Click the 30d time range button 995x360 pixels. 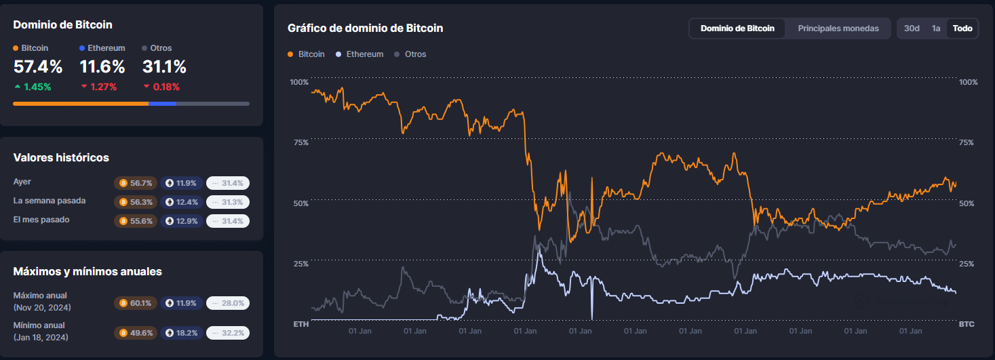912,28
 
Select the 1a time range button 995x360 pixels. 936,28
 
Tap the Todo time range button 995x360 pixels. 962,28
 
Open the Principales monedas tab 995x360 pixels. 838,28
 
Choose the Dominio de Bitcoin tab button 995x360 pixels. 737,28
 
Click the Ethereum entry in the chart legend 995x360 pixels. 364,54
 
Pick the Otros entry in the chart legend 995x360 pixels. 415,54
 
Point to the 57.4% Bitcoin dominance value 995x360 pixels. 38,67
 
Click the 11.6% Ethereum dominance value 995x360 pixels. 102,67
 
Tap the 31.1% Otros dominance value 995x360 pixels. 164,67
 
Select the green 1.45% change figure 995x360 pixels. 37,87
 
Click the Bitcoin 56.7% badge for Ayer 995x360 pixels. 136,183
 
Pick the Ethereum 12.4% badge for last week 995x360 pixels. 182,202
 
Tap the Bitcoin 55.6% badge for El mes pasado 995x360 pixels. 136,221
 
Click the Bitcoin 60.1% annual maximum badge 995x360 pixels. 136,303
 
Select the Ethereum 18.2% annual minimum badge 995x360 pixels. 182,333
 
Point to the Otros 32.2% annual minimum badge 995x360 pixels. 228,333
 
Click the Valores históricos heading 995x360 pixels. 61,157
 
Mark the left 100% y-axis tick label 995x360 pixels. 299,82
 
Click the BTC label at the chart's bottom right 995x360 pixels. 967,325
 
